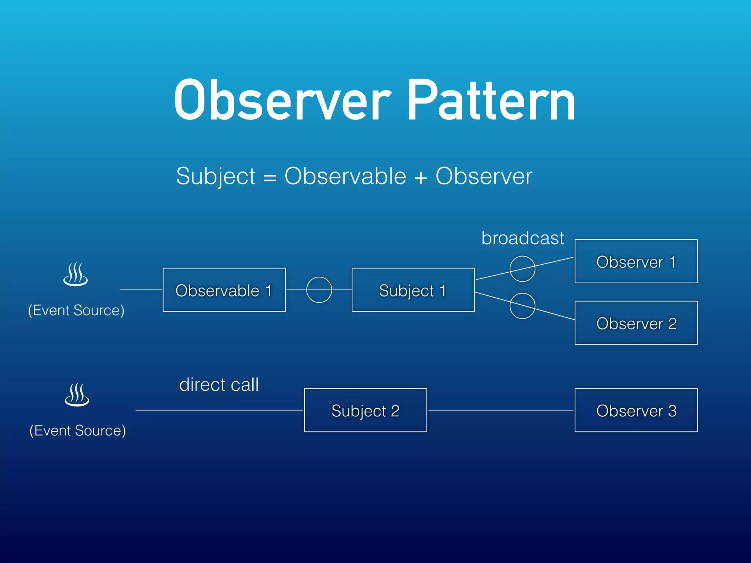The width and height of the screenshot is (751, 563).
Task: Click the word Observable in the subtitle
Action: coord(345,176)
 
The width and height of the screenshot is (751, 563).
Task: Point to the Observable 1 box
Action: coord(224,290)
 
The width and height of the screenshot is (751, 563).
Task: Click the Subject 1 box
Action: coord(413,290)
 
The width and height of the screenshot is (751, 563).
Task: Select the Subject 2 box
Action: coord(365,410)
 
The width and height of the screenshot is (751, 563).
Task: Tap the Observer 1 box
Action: coord(636,261)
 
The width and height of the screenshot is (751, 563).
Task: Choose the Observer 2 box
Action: coord(636,323)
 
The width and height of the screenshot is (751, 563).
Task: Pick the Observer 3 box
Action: coord(636,410)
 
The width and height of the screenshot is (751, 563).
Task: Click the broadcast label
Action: coord(522,238)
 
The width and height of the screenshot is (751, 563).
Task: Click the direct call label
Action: coord(219,384)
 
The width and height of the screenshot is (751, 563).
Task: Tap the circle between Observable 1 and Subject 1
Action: coord(319,290)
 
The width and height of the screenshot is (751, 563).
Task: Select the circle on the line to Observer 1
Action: coord(522,269)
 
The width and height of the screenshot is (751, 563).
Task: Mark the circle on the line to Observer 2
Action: coord(522,306)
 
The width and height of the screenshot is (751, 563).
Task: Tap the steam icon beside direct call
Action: coord(77,395)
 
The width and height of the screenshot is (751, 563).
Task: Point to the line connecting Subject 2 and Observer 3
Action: coord(501,410)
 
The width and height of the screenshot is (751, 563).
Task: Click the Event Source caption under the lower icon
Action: coord(77,430)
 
